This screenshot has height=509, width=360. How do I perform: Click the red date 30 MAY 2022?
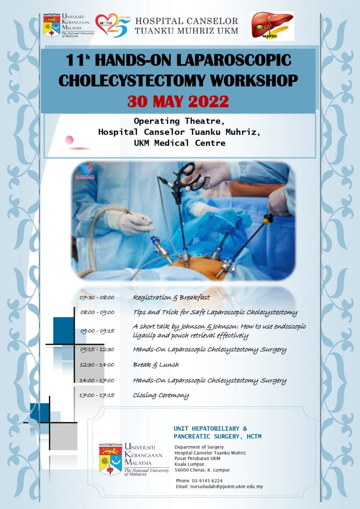pyautogui.click(x=178, y=102)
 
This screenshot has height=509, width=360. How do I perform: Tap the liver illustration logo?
pyautogui.click(x=272, y=26)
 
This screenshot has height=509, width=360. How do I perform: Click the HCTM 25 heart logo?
pyautogui.click(x=112, y=25)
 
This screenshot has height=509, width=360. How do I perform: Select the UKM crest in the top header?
pyautogui.click(x=52, y=25)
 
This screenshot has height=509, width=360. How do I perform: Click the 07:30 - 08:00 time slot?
pyautogui.click(x=97, y=297)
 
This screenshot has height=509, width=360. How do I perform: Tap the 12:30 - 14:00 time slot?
pyautogui.click(x=97, y=365)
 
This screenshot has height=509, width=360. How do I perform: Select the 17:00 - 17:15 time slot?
pyautogui.click(x=97, y=396)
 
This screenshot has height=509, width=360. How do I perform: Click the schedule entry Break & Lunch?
pyautogui.click(x=156, y=365)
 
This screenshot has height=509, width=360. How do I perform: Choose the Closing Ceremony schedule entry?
pyautogui.click(x=161, y=396)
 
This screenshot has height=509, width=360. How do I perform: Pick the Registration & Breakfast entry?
pyautogui.click(x=172, y=298)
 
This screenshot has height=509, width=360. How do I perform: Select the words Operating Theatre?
pyautogui.click(x=179, y=121)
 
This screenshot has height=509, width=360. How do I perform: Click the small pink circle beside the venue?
pyautogui.click(x=69, y=140)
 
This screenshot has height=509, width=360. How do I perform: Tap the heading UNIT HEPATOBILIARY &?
pyautogui.click(x=210, y=428)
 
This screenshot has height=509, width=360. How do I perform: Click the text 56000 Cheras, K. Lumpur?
pyautogui.click(x=203, y=470)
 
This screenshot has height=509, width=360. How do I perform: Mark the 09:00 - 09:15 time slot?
pyautogui.click(x=97, y=331)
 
